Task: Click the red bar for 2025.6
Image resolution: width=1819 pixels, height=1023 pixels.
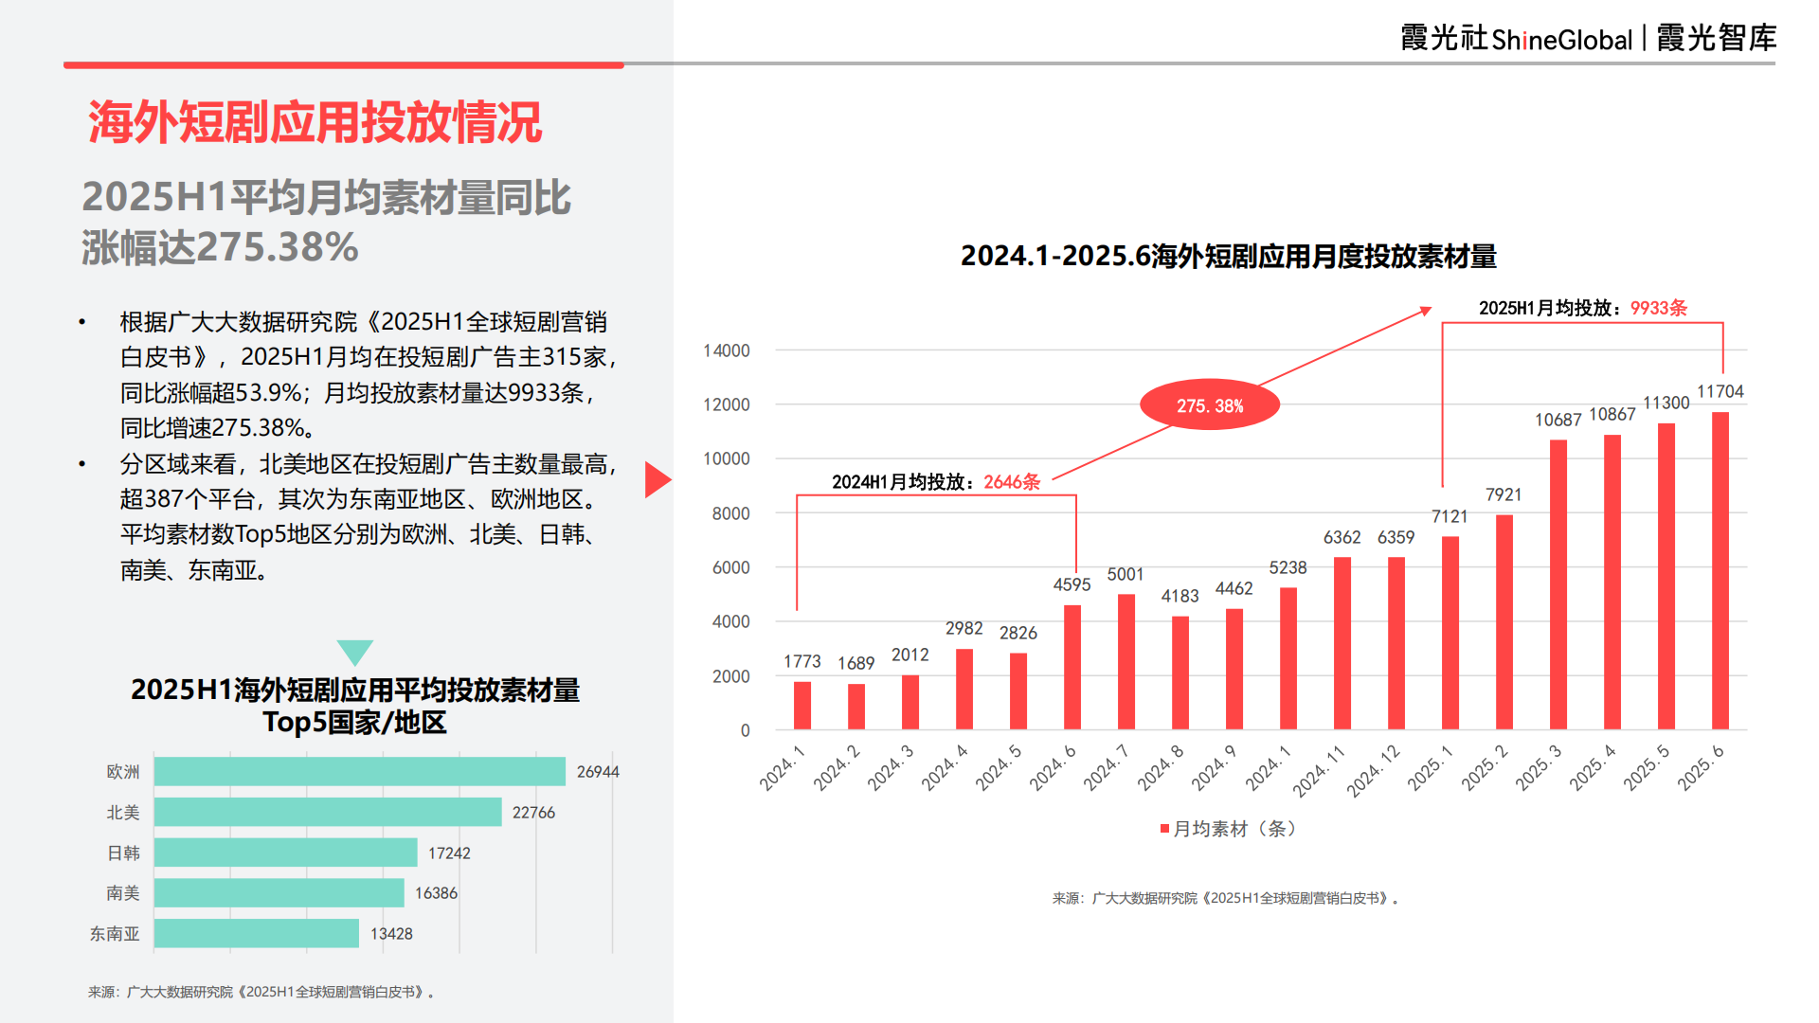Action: pyautogui.click(x=1720, y=570)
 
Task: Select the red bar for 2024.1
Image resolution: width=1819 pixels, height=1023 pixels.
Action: pyautogui.click(x=802, y=706)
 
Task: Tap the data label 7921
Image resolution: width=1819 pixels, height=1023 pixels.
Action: pyautogui.click(x=1504, y=494)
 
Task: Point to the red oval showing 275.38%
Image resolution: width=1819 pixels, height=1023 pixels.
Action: pyautogui.click(x=1210, y=405)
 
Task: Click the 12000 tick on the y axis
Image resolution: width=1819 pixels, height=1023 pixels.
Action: pyautogui.click(x=727, y=404)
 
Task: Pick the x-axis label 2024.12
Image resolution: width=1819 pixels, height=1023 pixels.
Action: pyautogui.click(x=1374, y=769)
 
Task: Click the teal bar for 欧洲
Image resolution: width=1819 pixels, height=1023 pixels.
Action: pyautogui.click(x=360, y=771)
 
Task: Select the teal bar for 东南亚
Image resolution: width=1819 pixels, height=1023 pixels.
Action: pyautogui.click(x=257, y=933)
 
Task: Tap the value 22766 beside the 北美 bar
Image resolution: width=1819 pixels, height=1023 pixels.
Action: pyautogui.click(x=533, y=813)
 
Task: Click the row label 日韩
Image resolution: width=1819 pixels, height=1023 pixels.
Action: pyautogui.click(x=123, y=853)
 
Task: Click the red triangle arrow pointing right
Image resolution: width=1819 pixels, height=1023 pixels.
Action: pyautogui.click(x=657, y=479)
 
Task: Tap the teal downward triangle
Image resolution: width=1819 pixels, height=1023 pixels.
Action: pyautogui.click(x=355, y=652)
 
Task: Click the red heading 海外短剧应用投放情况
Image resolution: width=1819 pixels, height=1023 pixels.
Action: pyautogui.click(x=315, y=122)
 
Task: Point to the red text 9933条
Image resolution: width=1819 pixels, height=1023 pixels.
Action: pyautogui.click(x=1658, y=308)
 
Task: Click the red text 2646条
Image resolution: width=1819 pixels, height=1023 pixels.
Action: pyautogui.click(x=1012, y=482)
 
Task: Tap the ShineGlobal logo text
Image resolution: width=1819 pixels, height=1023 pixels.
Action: pyautogui.click(x=1561, y=40)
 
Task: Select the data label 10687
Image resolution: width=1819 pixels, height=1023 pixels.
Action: pyautogui.click(x=1558, y=420)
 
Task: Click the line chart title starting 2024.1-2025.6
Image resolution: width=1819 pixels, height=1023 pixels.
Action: pyautogui.click(x=1228, y=256)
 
